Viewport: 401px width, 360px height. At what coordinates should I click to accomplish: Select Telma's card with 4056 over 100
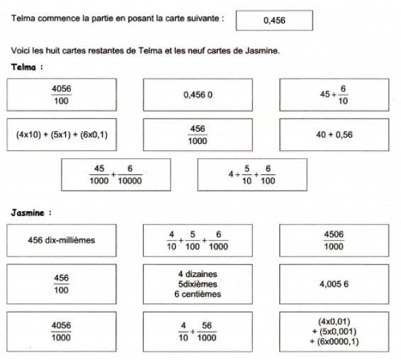(62, 95)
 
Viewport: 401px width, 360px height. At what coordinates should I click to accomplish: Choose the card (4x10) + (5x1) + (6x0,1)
(62, 135)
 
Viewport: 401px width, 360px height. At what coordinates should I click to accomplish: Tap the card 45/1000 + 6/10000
(116, 174)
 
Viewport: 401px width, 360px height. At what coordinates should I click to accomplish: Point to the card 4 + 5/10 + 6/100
(252, 174)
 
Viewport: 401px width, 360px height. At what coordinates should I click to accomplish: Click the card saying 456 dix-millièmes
(62, 240)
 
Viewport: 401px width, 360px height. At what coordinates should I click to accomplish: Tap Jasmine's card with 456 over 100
(62, 283)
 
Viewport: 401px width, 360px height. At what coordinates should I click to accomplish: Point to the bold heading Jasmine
(33, 212)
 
